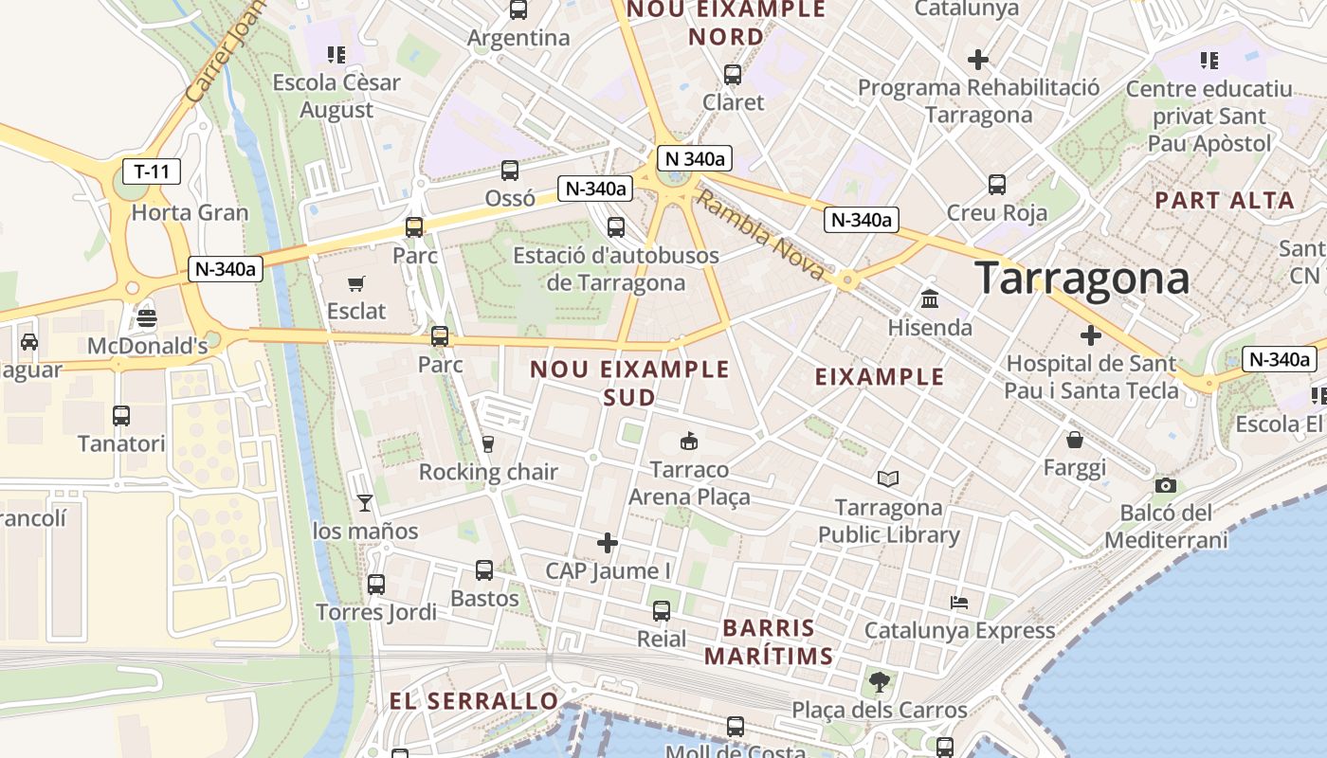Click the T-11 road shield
pos(152,171)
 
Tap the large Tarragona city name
pos(1082,279)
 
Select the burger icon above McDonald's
pos(146,317)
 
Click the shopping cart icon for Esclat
pos(356,283)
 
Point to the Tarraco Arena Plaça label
pos(689,483)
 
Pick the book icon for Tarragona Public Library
pos(888,478)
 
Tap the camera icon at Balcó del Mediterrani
pos(1165,485)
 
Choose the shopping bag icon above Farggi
pos(1075,440)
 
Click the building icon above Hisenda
pos(930,298)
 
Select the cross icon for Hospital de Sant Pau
pos(1091,334)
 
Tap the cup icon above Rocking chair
pos(488,443)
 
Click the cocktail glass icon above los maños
pos(365,503)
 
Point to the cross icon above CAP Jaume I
pos(608,543)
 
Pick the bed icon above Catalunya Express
pos(959,603)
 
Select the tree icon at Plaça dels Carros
pos(880,681)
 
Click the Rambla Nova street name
pos(760,234)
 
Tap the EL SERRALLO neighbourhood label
pos(474,701)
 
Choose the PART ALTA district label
pos(1225,200)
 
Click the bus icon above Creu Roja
pos(997,184)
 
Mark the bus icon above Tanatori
pos(121,415)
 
